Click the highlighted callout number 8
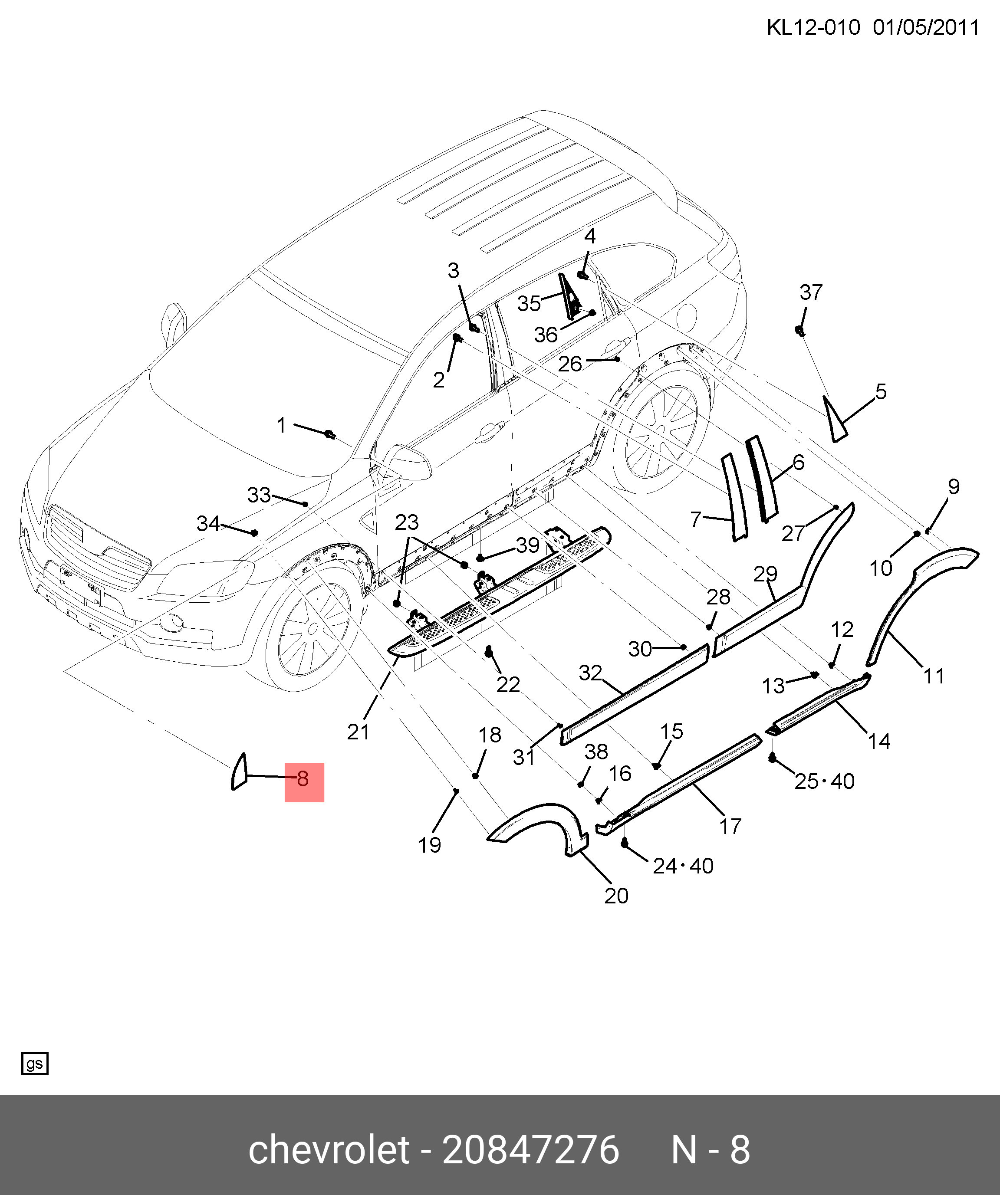pos(303,779)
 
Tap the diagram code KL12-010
pos(813,27)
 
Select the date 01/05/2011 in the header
pos(926,27)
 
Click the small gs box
pos(35,1064)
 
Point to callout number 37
pos(811,292)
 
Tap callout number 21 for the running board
pos(359,732)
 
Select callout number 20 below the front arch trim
pos(616,896)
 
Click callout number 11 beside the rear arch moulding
pos(934,676)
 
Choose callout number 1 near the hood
pos(281,425)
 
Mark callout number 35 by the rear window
pos(529,303)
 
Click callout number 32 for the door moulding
pos(590,673)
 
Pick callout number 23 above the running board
pos(407,522)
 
